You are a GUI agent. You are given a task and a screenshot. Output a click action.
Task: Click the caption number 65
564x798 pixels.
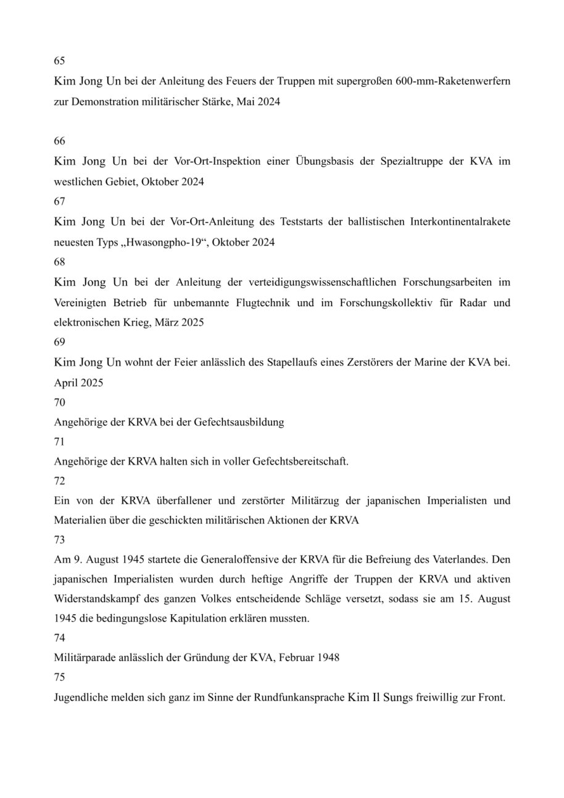click(59, 61)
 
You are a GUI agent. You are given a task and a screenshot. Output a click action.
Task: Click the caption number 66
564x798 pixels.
click(59, 141)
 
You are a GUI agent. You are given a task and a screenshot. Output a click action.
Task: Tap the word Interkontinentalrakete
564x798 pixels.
click(460, 222)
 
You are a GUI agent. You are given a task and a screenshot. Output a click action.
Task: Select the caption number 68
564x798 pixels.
click(59, 262)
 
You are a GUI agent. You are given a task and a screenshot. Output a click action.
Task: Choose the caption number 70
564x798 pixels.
click(59, 402)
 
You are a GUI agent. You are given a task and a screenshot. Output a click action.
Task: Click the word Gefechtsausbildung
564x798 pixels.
click(239, 423)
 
